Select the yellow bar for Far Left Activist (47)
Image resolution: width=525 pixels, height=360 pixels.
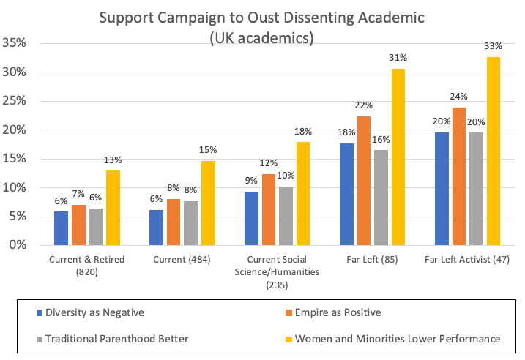(x=493, y=151)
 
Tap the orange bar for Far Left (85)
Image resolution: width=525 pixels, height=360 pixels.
(x=364, y=181)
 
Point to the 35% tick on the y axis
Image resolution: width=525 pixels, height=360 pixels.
(x=16, y=44)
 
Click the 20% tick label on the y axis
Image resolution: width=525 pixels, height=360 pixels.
(x=16, y=130)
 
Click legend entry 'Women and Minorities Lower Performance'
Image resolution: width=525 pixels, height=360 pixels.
(x=396, y=338)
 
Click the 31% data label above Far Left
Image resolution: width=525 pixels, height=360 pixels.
(x=398, y=59)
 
